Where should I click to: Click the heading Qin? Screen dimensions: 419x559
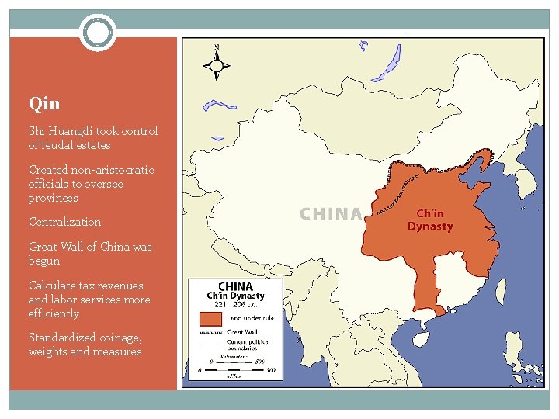pyautogui.click(x=44, y=103)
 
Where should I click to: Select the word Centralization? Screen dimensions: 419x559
pyautogui.click(x=65, y=222)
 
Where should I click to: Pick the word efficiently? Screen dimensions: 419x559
pyautogui.click(x=54, y=313)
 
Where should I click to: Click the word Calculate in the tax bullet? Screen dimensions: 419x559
pyautogui.click(x=52, y=286)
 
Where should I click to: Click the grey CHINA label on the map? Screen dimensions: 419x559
pyautogui.click(x=331, y=214)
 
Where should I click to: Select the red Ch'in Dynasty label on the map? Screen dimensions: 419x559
pyautogui.click(x=430, y=220)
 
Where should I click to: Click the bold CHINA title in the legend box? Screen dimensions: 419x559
pyautogui.click(x=235, y=286)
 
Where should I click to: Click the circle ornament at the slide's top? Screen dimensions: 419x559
pyautogui.click(x=98, y=33)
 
